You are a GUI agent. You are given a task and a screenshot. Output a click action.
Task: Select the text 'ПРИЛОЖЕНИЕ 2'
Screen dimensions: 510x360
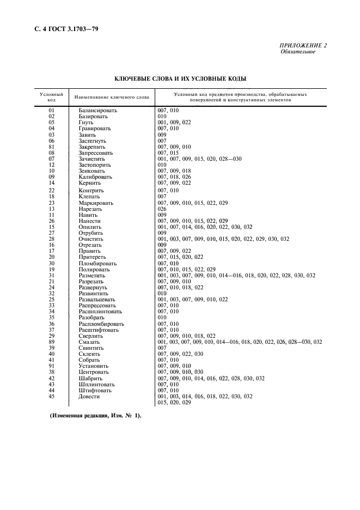[x=303, y=45]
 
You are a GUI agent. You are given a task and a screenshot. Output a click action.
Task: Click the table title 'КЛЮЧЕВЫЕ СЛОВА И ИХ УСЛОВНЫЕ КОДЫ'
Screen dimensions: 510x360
[x=180, y=79]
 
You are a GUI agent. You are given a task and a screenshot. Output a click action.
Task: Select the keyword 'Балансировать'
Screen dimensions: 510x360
[x=98, y=111]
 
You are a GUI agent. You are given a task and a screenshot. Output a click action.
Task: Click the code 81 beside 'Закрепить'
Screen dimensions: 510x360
[x=52, y=147]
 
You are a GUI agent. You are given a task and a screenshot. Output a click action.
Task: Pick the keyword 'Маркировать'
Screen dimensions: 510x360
[x=96, y=203]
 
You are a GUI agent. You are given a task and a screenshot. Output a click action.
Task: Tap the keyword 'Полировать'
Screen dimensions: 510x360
[x=94, y=270]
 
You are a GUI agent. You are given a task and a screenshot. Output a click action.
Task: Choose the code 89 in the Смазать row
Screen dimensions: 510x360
[x=52, y=342]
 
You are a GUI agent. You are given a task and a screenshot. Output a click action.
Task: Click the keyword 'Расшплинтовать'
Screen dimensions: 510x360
[x=100, y=312]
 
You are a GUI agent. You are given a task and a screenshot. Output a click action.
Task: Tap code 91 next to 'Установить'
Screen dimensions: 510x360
[x=52, y=366]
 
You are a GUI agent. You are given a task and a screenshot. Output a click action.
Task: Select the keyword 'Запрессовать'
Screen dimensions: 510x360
[x=96, y=153]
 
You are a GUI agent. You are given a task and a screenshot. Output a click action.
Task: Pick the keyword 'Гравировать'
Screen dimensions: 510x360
[x=95, y=129]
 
